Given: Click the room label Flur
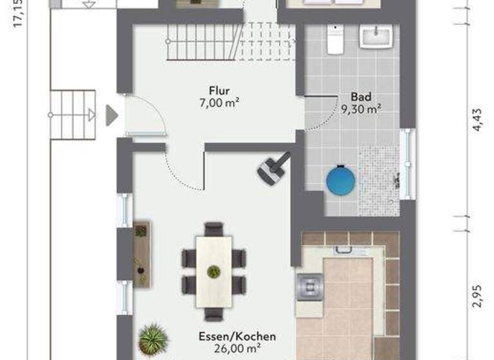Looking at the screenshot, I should coord(219,91).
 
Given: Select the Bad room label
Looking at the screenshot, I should coord(361,97).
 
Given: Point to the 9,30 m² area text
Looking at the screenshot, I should coord(361,108).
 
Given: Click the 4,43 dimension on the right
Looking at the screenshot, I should coord(477,120).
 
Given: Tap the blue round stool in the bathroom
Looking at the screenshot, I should coord(341,180).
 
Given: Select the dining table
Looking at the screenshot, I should coord(214,270).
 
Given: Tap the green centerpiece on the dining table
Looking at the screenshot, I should coord(214,271).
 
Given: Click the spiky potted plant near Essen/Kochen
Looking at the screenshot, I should coord(153,339).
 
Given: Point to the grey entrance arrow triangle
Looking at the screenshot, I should coord(112,116).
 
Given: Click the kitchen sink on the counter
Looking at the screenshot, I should coord(309,286).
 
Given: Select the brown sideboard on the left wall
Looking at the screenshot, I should coord(142,255).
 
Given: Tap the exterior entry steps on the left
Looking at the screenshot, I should coord(73,115).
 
